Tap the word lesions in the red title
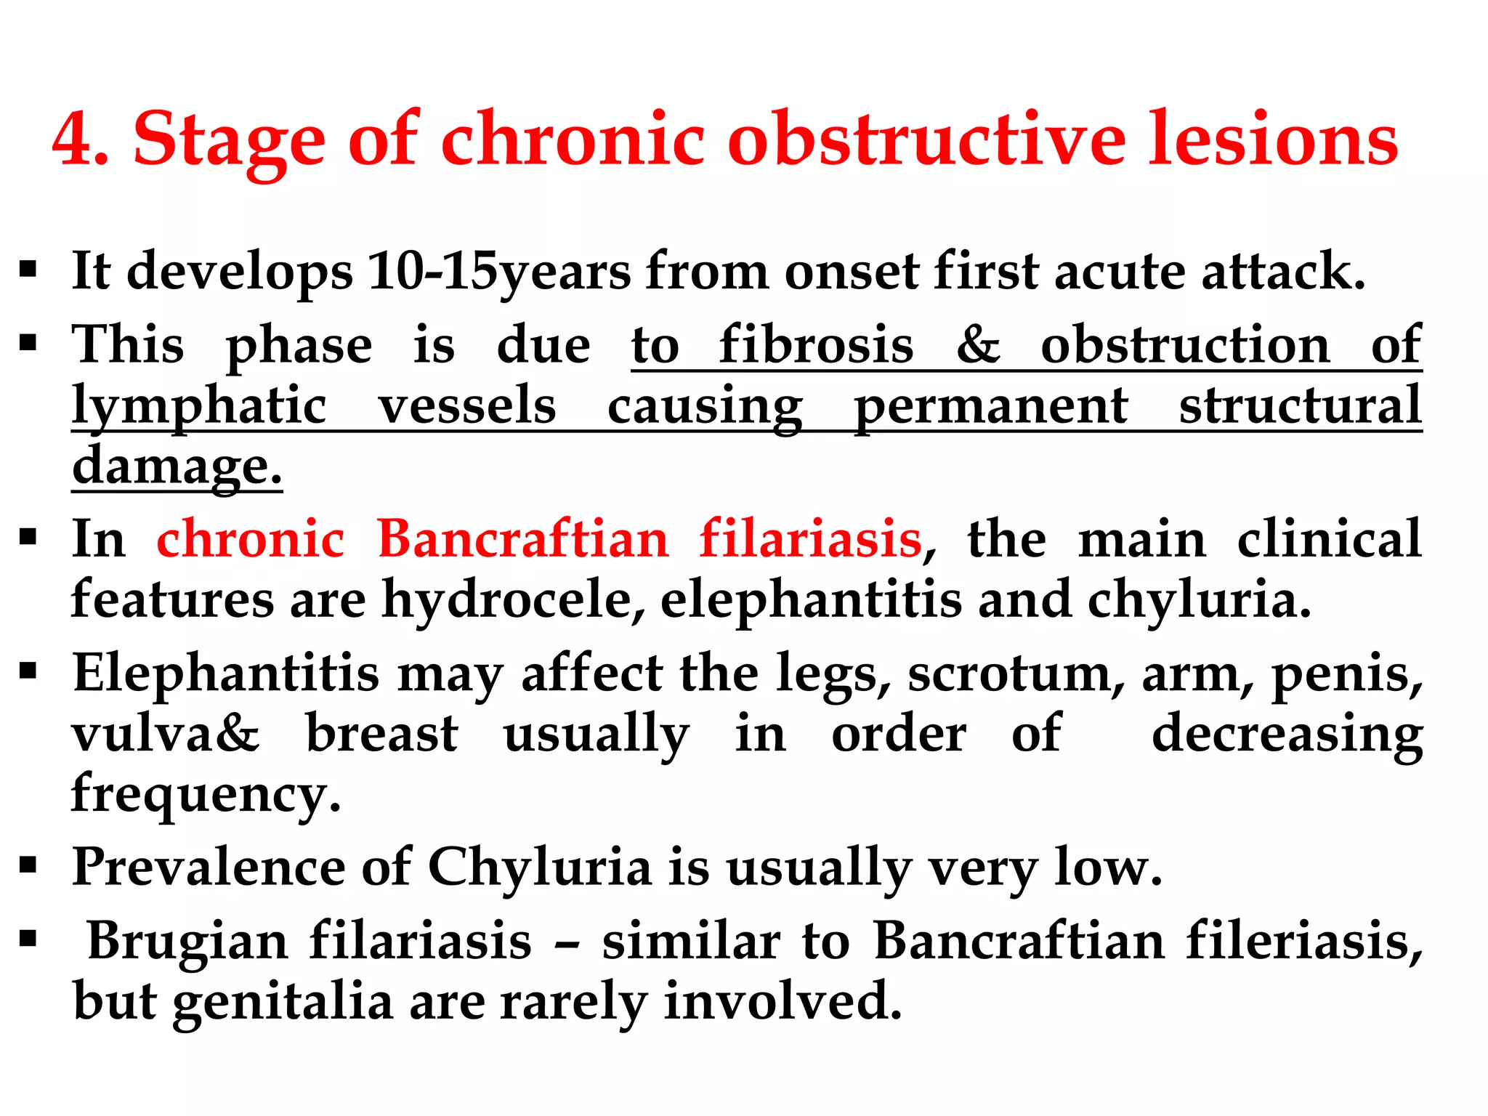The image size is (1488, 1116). click(1272, 139)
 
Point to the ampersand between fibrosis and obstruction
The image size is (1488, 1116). click(977, 344)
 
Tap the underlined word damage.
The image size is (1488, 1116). click(177, 466)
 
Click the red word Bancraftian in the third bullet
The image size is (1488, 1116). click(522, 540)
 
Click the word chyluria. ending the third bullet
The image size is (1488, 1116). click(1199, 600)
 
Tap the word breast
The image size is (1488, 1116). click(382, 734)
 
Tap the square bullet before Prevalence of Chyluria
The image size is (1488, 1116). click(28, 865)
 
